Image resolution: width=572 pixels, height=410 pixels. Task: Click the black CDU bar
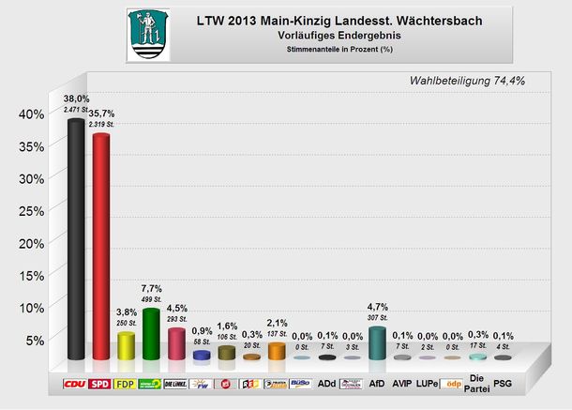point(75,239)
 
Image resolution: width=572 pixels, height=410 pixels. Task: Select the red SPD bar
point(100,247)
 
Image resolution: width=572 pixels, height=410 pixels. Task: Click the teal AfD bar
point(377,342)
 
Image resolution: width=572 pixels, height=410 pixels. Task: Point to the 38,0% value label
point(76,98)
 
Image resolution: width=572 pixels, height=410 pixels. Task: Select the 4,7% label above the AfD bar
point(377,306)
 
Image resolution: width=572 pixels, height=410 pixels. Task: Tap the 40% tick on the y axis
point(31,114)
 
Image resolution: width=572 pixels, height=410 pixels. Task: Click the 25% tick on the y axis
point(31,211)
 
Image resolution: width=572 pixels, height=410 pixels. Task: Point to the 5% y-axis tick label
point(35,340)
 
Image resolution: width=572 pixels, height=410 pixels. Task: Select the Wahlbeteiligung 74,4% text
point(467,81)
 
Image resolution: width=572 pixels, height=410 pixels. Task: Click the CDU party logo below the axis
point(75,384)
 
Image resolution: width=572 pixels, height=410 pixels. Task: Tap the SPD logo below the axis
point(100,384)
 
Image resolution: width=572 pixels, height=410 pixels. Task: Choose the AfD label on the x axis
point(377,384)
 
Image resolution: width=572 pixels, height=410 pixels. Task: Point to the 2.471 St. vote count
point(76,110)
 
